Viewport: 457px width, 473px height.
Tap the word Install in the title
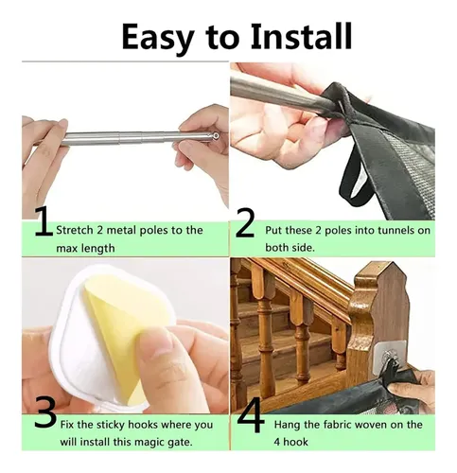301,36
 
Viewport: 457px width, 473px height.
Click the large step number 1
44,221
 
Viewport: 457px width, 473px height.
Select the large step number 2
245,224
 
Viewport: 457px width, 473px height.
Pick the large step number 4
251,415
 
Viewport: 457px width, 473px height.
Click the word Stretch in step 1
75,230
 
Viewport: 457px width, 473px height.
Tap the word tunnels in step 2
396,230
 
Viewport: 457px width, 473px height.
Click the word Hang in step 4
287,425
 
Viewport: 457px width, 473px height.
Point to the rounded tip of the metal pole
216,136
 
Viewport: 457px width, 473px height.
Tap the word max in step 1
65,248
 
